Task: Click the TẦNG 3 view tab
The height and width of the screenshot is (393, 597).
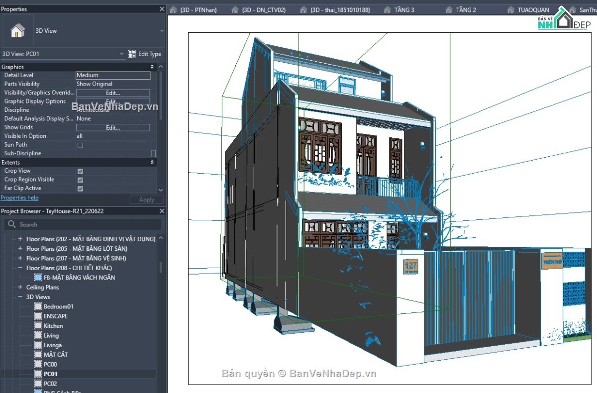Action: [x=404, y=10]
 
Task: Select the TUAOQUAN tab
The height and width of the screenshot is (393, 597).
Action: [x=533, y=10]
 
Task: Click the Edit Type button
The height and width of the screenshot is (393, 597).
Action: [x=145, y=54]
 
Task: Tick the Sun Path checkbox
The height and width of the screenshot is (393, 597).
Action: [x=80, y=145]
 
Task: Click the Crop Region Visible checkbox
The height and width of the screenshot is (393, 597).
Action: [x=80, y=180]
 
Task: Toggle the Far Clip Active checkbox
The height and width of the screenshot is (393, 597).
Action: [x=80, y=189]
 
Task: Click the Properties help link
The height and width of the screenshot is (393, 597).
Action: [x=19, y=198]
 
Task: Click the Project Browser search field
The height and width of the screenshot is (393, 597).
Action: [x=85, y=225]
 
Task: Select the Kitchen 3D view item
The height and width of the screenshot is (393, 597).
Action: [x=53, y=326]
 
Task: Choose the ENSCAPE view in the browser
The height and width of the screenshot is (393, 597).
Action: [x=56, y=316]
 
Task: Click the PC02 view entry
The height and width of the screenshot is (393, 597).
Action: [x=50, y=384]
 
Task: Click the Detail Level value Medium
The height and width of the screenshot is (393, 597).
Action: [x=113, y=76]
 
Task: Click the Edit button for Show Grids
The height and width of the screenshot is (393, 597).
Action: [x=113, y=128]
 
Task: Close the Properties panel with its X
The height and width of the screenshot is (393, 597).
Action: [x=162, y=9]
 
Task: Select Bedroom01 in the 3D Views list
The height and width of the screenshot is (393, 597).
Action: [x=58, y=306]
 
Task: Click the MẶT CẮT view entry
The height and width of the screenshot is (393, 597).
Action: [x=56, y=355]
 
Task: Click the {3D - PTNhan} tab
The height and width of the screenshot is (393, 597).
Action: [x=199, y=10]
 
